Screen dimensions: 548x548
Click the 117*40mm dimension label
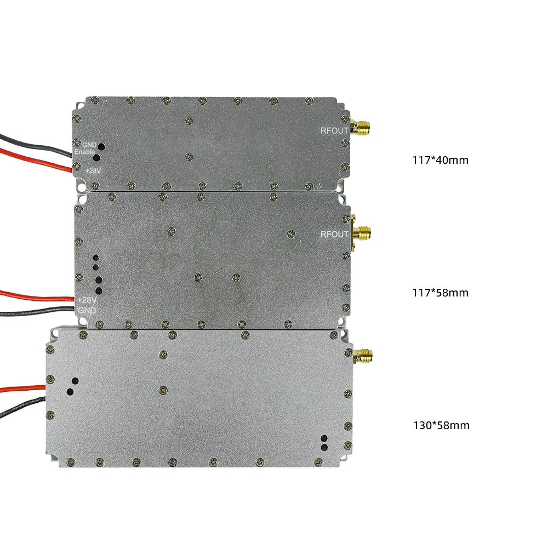440,161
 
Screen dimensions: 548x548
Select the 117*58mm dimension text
440,293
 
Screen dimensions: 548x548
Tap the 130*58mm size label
441,425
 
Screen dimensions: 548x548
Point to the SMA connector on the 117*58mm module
361,233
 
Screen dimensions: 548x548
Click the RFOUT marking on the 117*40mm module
334,130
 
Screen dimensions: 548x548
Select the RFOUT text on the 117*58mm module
334,235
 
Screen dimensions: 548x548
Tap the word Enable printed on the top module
85,152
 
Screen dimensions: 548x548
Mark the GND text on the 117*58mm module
87,310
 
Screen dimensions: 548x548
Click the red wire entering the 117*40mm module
33,158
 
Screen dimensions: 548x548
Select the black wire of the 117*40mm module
33,144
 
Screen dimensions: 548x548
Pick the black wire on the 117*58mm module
33,311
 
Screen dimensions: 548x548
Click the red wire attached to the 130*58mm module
22,389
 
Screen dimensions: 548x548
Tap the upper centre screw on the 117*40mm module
190,119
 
